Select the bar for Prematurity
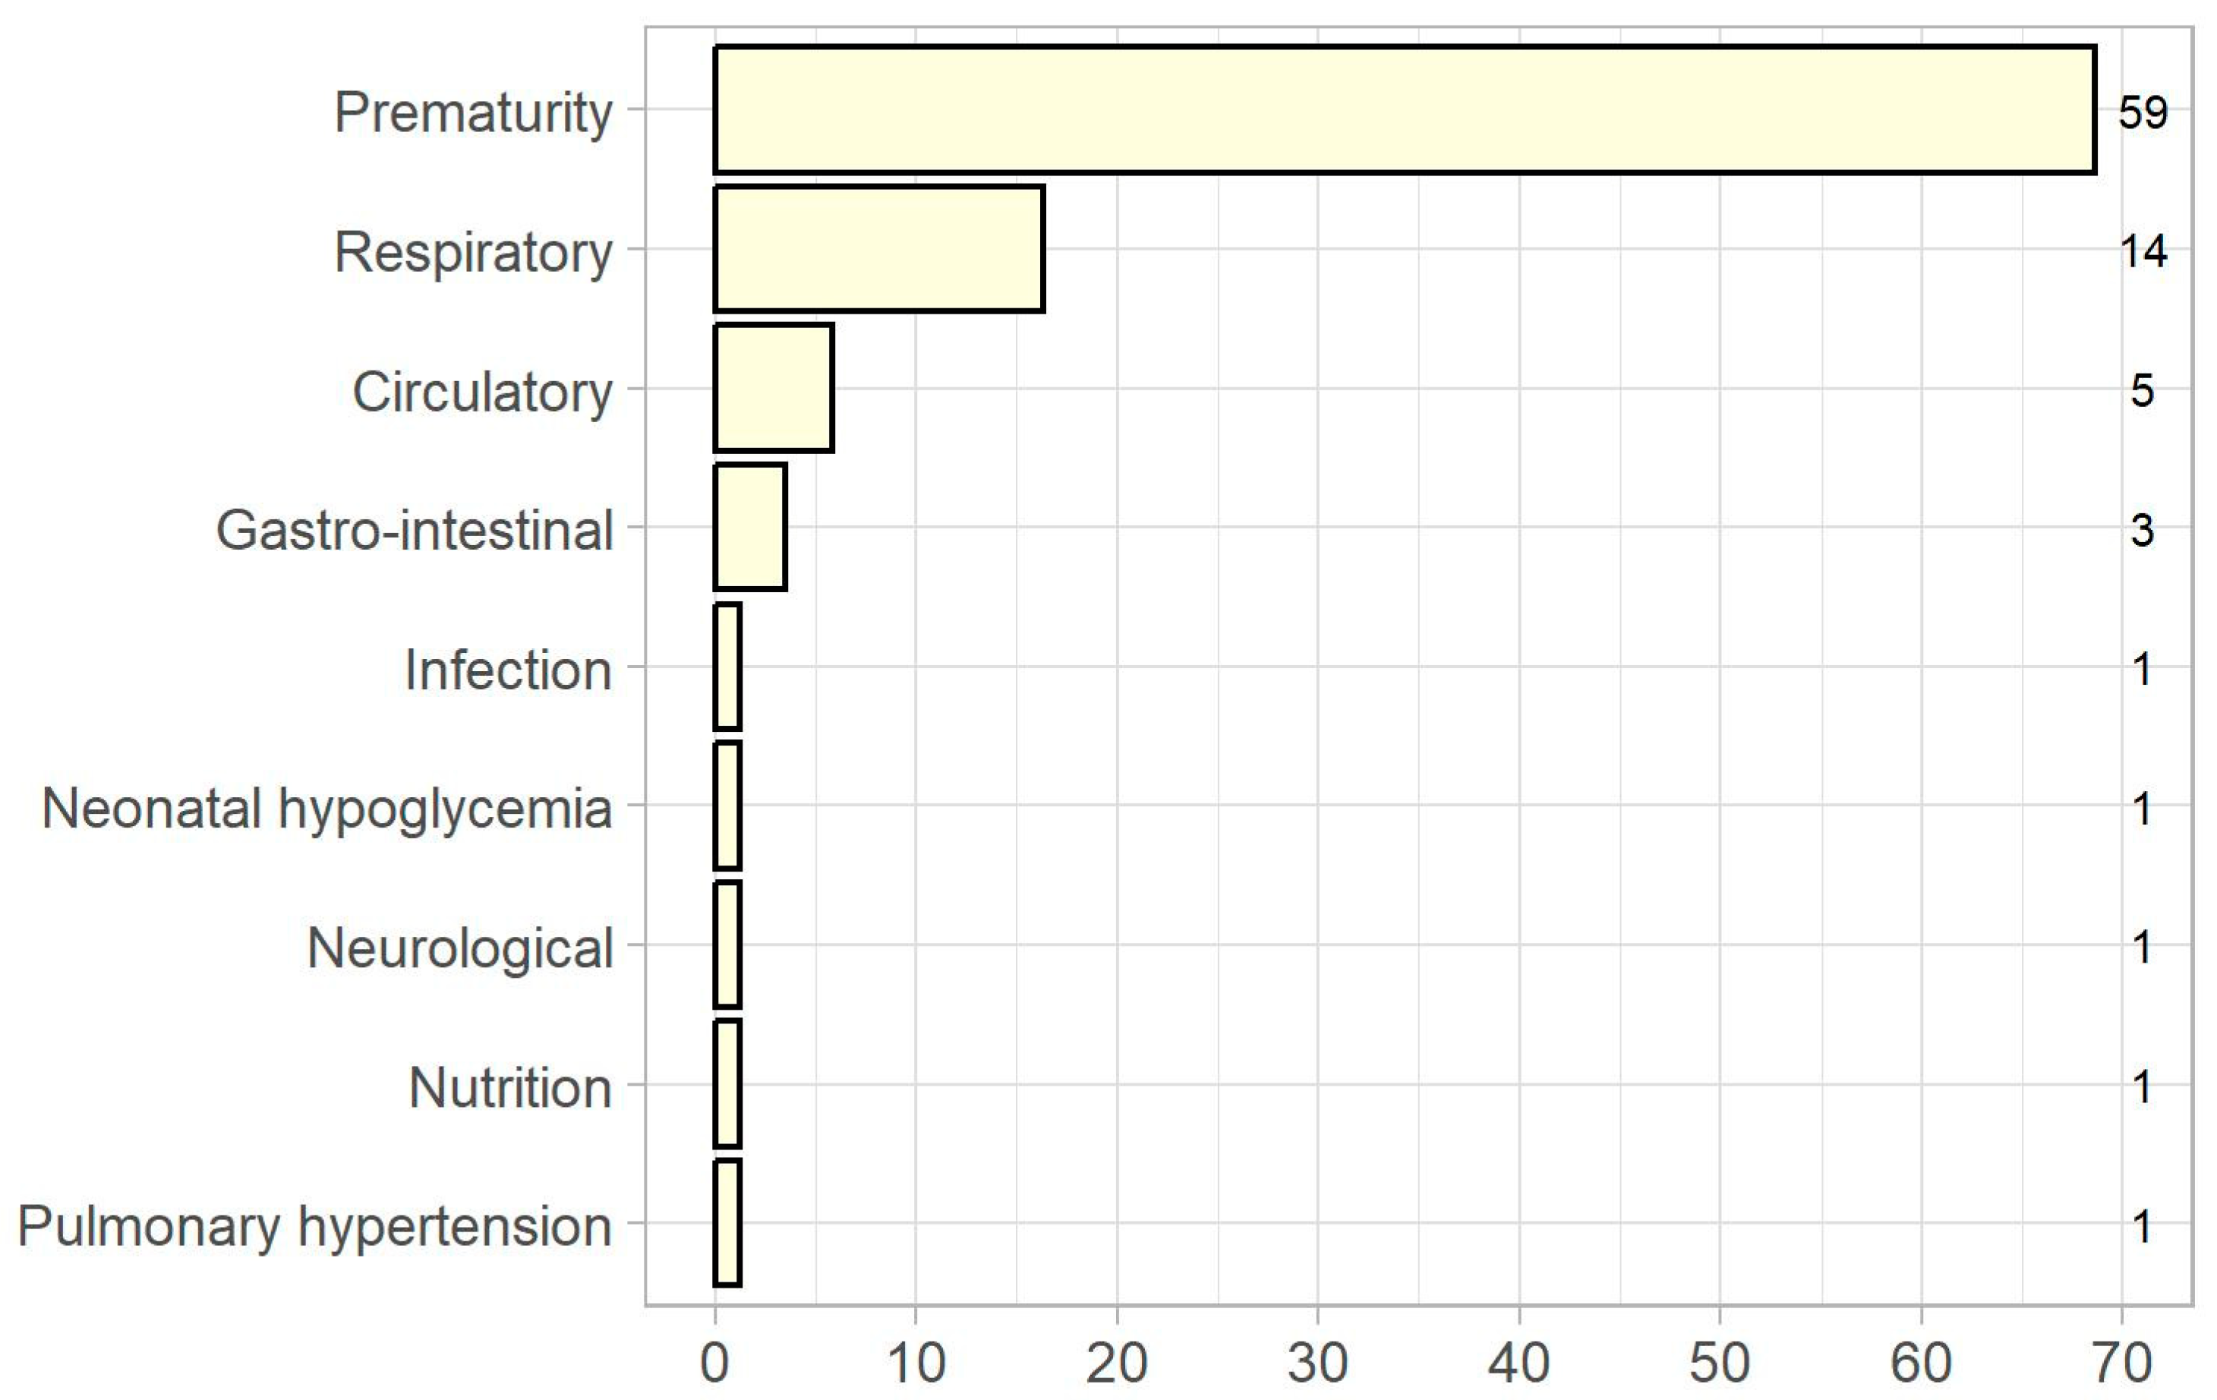[1404, 109]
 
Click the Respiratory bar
[879, 248]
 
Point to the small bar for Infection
[727, 667]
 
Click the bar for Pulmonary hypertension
[727, 1222]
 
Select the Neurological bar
[727, 944]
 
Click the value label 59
[2143, 112]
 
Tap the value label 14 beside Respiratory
[2143, 251]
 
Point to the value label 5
[2143, 390]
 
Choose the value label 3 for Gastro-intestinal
[2143, 530]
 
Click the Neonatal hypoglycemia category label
[326, 810]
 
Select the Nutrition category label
[510, 1088]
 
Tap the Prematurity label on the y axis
[472, 112]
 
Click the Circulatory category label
[481, 392]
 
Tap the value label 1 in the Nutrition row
[2143, 1087]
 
